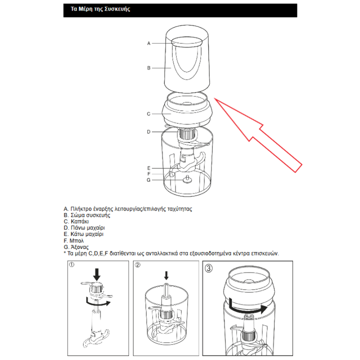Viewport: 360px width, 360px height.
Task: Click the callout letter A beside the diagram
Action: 149,43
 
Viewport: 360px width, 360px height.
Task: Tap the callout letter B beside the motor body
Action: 149,68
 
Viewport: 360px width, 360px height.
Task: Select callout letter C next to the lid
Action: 148,114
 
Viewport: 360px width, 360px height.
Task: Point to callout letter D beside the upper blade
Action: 148,132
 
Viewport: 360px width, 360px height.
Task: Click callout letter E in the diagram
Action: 149,168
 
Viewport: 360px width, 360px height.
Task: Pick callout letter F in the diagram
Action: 149,174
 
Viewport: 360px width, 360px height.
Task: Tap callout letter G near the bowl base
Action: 148,180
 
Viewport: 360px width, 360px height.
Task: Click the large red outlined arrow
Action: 258,135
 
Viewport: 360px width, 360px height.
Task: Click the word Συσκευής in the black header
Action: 117,9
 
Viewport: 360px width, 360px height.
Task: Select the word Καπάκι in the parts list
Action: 79,221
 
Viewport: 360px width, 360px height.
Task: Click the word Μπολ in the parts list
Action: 76,241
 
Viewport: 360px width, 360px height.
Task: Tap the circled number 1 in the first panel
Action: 71,265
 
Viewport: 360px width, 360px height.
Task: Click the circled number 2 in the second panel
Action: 137,265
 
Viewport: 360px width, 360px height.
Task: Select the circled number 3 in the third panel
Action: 208,268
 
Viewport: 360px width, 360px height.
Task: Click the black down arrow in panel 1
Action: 97,274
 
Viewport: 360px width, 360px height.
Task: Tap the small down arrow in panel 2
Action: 166,275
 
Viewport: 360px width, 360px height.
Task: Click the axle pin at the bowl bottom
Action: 187,179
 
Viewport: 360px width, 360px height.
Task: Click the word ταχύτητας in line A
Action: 180,209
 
